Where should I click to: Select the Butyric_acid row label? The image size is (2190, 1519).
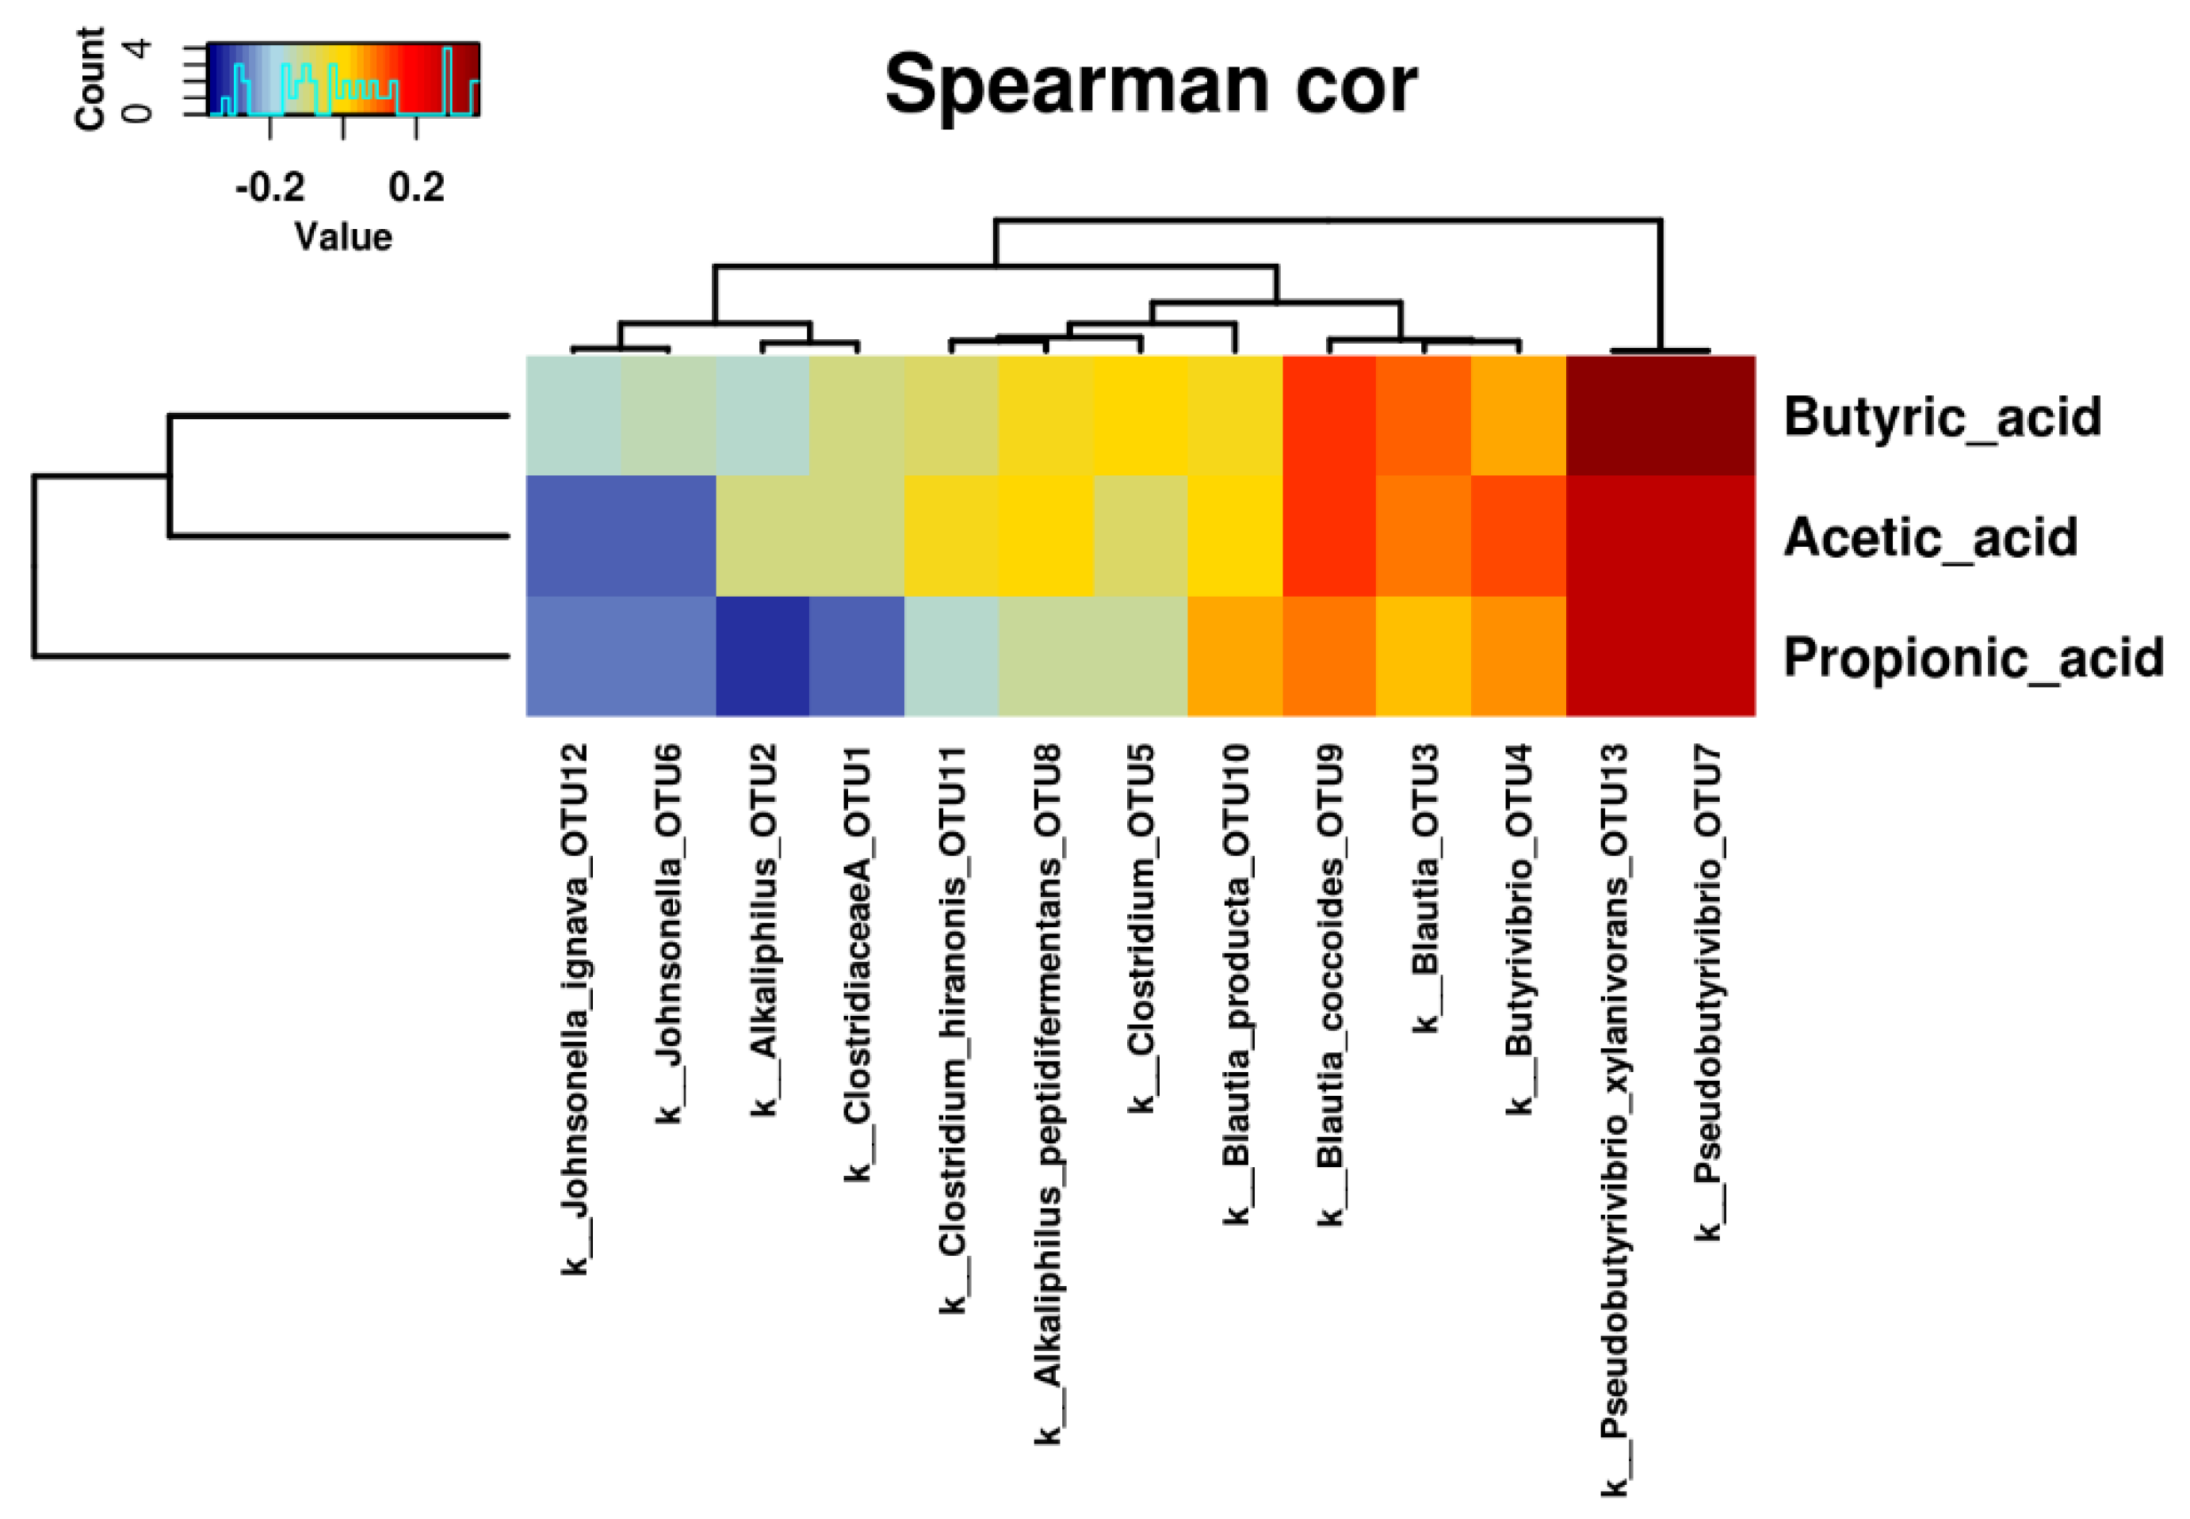coord(1942,417)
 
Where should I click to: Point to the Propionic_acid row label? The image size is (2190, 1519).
coord(1973,658)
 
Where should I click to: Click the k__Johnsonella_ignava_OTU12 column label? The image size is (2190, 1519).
coord(574,1009)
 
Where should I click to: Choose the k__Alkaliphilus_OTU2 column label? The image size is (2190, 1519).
coord(763,929)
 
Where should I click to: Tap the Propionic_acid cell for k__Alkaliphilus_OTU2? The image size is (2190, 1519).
coord(762,657)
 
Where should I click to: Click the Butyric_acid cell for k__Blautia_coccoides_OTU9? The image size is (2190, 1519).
coord(1329,416)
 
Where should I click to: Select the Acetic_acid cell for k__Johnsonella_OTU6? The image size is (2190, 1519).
coord(668,536)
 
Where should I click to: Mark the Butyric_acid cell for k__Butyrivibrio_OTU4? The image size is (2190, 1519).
coord(1519,416)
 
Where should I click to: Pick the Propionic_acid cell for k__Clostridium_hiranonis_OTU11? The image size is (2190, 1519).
coord(951,657)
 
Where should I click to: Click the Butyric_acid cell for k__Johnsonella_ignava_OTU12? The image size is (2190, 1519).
coord(574,416)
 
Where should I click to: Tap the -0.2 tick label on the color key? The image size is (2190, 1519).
coord(270,188)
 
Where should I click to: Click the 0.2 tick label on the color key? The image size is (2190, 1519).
coord(417,188)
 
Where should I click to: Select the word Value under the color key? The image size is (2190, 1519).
coord(342,237)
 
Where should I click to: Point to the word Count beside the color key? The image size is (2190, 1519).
coord(90,78)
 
